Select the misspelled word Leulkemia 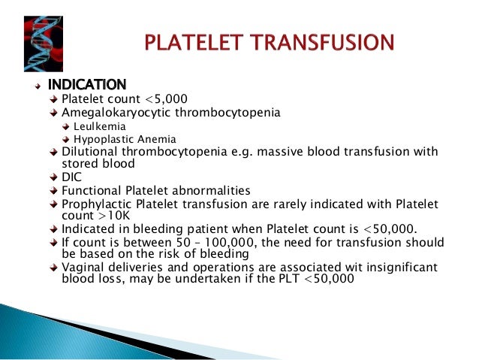pyautogui.click(x=100, y=126)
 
